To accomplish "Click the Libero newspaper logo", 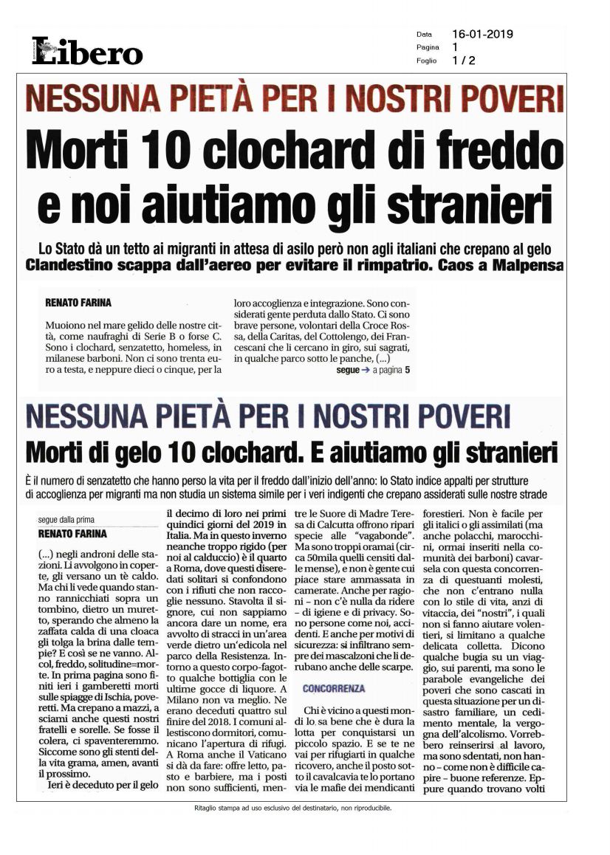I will [x=87, y=51].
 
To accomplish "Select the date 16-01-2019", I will [x=482, y=34].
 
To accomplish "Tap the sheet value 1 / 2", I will [x=463, y=61].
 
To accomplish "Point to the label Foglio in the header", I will [x=426, y=61].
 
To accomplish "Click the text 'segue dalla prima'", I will [x=66, y=519].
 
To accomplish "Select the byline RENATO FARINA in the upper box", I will [x=78, y=303].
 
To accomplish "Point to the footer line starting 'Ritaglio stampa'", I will [x=289, y=808].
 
